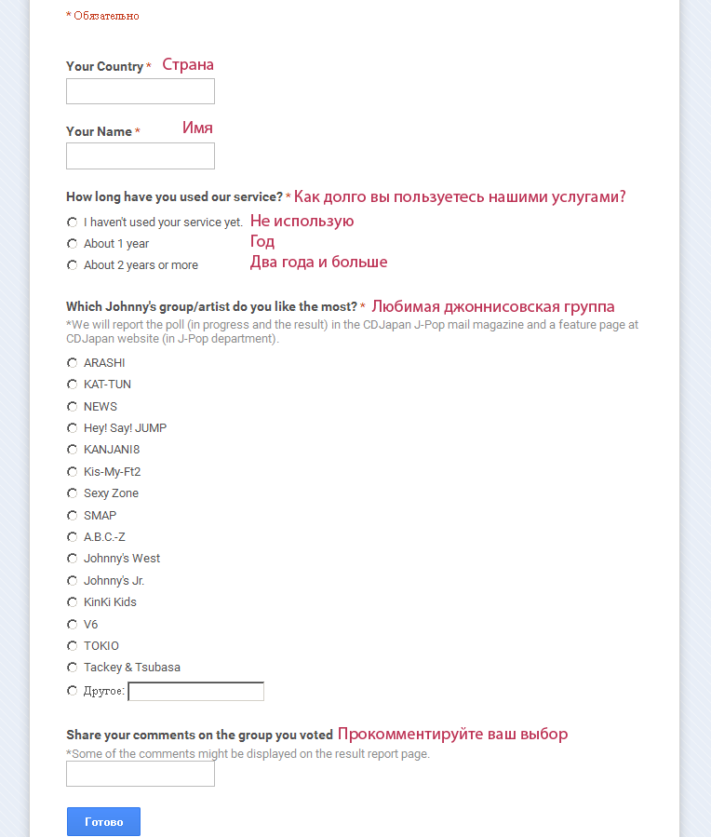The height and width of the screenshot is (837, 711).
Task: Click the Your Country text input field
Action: pos(141,91)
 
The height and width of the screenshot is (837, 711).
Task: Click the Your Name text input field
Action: pos(141,155)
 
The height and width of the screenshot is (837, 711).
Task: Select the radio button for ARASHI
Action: pos(73,363)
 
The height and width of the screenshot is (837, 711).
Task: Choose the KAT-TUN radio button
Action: pos(73,385)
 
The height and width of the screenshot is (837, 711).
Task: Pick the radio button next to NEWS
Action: pos(73,407)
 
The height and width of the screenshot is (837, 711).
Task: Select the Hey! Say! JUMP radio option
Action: pos(73,428)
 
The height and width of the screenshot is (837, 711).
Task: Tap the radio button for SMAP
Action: pos(73,516)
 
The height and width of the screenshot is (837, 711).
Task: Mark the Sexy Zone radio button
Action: pos(73,493)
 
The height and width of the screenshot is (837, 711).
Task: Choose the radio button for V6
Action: pos(73,625)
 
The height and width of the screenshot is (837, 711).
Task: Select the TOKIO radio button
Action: pos(73,646)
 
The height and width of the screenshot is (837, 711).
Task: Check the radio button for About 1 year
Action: pos(73,244)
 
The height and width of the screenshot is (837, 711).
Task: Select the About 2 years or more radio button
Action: pos(73,265)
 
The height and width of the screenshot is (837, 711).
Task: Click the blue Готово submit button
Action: pos(103,822)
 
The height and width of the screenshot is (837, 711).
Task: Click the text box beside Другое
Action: pos(195,691)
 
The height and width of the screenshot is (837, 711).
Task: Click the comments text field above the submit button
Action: pos(141,774)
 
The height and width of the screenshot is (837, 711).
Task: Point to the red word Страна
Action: pos(188,65)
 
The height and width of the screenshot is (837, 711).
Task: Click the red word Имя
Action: pos(197,128)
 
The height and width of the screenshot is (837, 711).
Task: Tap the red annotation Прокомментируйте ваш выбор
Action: pos(452,734)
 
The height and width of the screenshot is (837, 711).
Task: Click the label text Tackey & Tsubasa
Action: pos(132,668)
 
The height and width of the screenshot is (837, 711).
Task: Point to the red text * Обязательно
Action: pos(102,16)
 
